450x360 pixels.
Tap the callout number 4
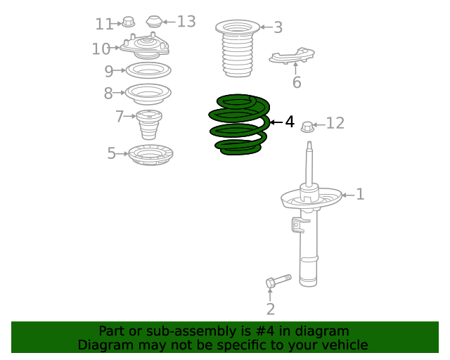(x=290, y=122)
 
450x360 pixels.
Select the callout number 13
(x=186, y=22)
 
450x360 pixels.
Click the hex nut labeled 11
(x=128, y=22)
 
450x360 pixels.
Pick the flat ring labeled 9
(x=148, y=75)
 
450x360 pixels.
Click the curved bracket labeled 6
(x=292, y=56)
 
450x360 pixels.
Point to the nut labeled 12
(x=307, y=127)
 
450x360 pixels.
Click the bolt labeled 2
(x=278, y=281)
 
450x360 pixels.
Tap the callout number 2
(x=271, y=309)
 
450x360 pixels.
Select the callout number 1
(x=360, y=194)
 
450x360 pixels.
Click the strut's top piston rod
(x=309, y=163)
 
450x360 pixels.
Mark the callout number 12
(x=335, y=123)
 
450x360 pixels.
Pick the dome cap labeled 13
(x=155, y=22)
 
